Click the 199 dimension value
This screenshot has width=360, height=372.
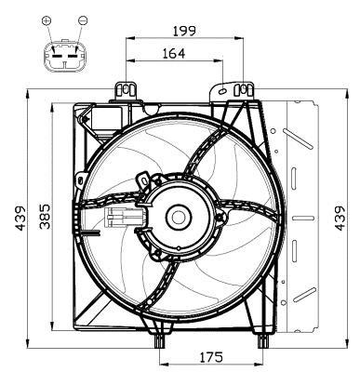[x=184, y=31]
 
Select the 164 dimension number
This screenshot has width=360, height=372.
[x=174, y=53]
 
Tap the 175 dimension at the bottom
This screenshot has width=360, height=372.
[x=211, y=357]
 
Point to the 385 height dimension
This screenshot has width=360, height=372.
[x=45, y=216]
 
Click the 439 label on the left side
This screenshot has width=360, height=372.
[x=20, y=218]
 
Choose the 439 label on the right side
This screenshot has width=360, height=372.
[x=340, y=218]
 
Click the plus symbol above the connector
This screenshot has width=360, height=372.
[x=47, y=20]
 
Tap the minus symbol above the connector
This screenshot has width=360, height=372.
[x=83, y=20]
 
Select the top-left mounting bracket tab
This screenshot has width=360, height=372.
[x=126, y=90]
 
